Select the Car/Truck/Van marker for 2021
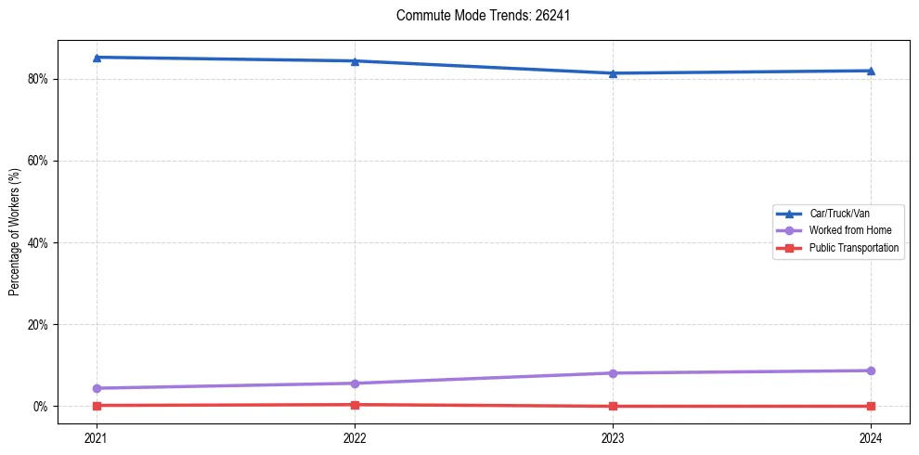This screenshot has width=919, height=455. tap(97, 58)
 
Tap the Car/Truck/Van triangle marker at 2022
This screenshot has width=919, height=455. tap(355, 61)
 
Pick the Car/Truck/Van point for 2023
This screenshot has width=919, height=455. tap(613, 73)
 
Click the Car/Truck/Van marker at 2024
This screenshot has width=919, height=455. tap(871, 71)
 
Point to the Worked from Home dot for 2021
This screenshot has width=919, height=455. tap(97, 388)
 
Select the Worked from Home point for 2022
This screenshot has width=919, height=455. tap(355, 383)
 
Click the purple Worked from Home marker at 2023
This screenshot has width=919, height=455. tap(613, 373)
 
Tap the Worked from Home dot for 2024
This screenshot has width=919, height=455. tap(871, 370)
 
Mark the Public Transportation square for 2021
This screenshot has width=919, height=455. tap(97, 405)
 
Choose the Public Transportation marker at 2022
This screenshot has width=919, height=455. tap(355, 404)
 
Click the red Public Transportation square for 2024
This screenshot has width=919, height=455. tap(871, 406)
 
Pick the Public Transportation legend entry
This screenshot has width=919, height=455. tap(853, 248)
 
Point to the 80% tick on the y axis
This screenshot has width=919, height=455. tap(38, 79)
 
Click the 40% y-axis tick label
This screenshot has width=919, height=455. tap(38, 243)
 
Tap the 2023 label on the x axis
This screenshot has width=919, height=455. tap(613, 437)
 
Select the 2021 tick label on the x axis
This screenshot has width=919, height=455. tap(97, 437)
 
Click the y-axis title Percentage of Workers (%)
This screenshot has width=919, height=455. tap(14, 232)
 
